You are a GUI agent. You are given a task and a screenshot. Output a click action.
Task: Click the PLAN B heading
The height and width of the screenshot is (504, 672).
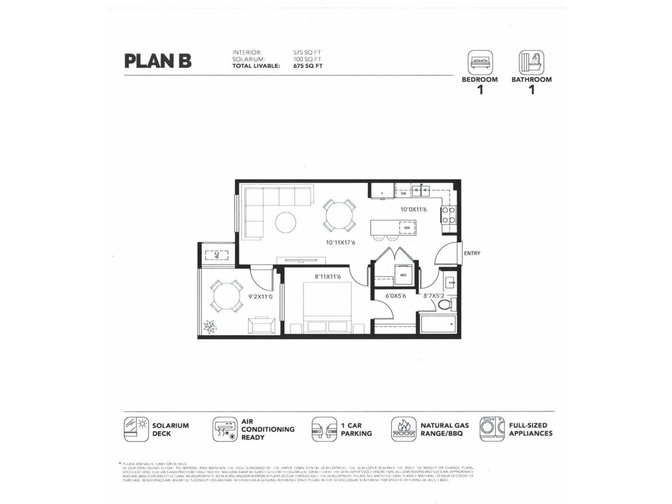point(158,61)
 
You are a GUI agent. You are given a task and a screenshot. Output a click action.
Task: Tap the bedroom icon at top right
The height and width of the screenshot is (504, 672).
point(480,62)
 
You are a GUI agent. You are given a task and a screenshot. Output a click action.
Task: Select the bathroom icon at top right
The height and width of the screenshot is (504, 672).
point(531,62)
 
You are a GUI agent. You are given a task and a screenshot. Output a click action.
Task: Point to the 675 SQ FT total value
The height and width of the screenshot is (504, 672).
point(308,66)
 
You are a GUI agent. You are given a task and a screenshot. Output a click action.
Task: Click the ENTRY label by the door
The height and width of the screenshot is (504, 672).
point(472,253)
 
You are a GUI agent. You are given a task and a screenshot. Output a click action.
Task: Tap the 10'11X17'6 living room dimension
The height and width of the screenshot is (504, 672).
point(340,242)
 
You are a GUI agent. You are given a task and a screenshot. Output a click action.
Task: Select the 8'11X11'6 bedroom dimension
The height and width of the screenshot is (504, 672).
point(327,276)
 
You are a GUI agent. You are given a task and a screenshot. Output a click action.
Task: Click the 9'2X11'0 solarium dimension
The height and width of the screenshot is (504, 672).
point(261,296)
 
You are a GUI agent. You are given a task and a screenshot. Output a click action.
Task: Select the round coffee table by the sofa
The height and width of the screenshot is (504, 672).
point(286,223)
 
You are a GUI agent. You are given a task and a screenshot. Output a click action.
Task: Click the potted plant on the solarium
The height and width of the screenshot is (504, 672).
point(210,326)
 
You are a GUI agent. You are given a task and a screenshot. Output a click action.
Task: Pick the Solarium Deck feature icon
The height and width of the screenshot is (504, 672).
point(136,429)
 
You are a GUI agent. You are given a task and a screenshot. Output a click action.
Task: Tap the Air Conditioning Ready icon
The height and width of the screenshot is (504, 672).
point(225,429)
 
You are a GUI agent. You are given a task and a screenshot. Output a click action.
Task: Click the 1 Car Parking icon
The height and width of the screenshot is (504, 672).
point(324,429)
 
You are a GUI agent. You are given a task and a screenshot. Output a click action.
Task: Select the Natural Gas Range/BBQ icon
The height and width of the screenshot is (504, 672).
point(404,429)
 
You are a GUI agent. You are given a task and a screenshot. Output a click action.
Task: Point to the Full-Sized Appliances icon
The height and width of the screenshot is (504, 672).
point(492,429)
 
